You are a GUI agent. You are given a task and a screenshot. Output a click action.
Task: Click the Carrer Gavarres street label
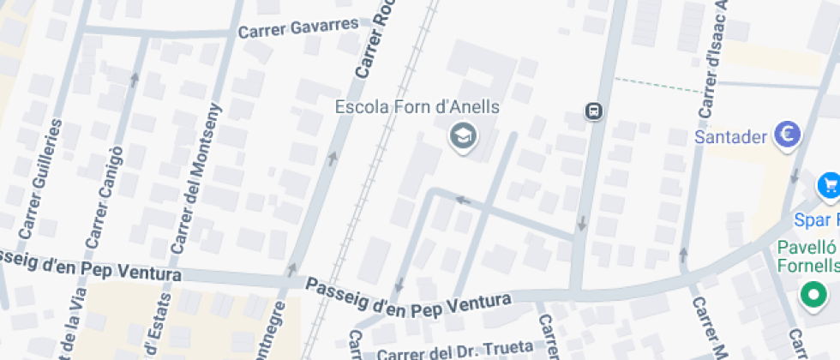(x=298, y=28)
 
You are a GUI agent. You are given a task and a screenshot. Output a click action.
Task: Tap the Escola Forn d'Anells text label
(x=417, y=108)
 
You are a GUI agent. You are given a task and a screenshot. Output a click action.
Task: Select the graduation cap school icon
(x=464, y=135)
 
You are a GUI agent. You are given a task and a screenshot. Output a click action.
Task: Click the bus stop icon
(x=593, y=111)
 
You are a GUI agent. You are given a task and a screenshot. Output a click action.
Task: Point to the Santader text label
(x=729, y=135)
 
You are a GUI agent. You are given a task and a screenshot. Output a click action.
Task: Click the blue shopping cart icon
(x=829, y=184)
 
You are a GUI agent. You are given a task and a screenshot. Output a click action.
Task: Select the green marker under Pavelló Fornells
(x=812, y=296)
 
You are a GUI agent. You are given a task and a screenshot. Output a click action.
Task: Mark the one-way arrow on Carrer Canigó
(x=134, y=80)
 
